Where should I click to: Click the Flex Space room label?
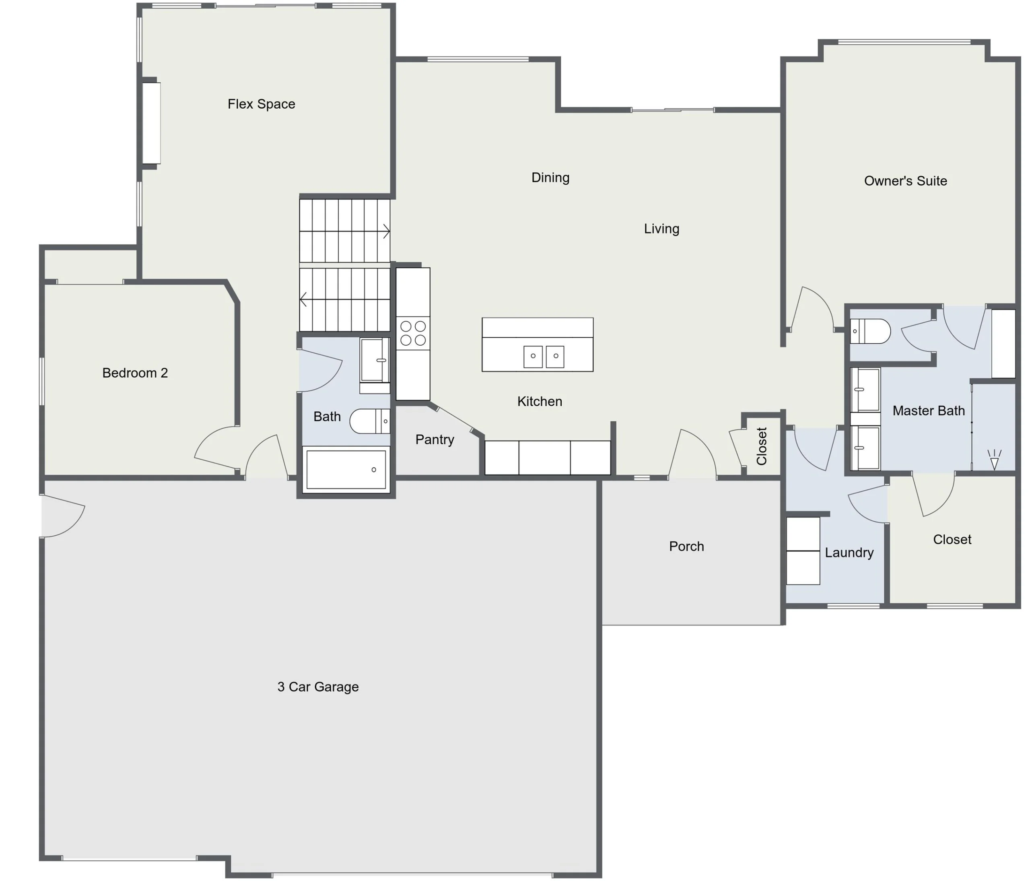(x=262, y=104)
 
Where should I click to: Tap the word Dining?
(x=550, y=178)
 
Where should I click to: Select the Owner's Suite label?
(x=905, y=181)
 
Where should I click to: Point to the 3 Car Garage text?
(x=317, y=687)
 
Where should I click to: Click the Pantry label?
(x=435, y=439)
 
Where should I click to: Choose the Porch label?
(x=686, y=547)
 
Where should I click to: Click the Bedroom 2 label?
(x=135, y=373)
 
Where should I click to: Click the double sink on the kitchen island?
(x=544, y=357)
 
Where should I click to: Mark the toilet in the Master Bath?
(x=870, y=331)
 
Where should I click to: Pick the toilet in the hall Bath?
(x=370, y=421)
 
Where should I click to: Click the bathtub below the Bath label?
(x=346, y=469)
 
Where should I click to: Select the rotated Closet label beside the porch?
(x=762, y=446)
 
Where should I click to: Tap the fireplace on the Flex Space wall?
(x=151, y=123)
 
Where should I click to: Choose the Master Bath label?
(x=929, y=411)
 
